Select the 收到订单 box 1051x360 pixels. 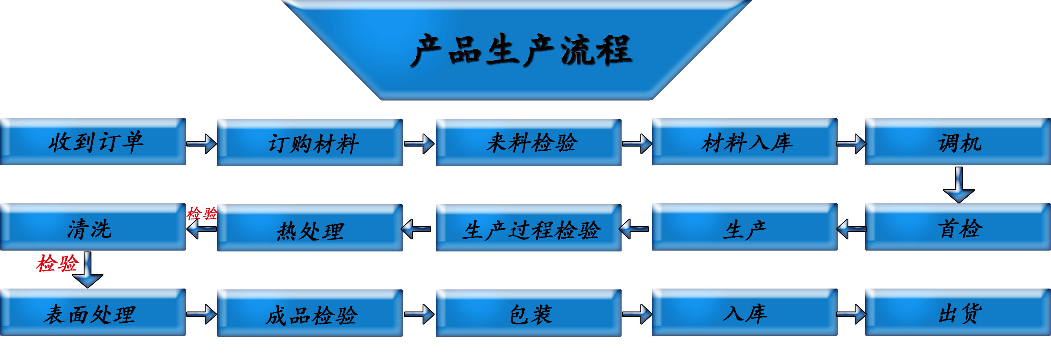click(93, 142)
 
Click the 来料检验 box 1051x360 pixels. click(528, 143)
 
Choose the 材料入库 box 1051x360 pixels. click(745, 142)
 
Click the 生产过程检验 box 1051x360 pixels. click(528, 228)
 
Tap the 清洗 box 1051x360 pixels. click(93, 227)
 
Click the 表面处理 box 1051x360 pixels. click(93, 313)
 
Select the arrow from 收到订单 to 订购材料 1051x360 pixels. click(201, 144)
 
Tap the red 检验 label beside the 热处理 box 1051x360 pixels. click(202, 213)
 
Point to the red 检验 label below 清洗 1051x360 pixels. click(57, 263)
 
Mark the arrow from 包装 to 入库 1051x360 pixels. click(637, 314)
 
